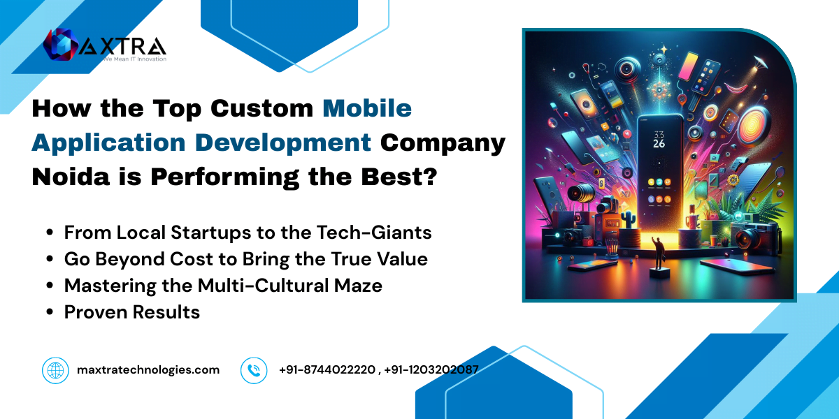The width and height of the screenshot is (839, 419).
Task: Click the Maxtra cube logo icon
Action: tap(61, 44)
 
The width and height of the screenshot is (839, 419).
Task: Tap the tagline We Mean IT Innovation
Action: tap(135, 59)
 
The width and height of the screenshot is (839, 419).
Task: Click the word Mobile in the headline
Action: tap(367, 108)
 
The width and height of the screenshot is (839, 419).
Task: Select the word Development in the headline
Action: tap(283, 142)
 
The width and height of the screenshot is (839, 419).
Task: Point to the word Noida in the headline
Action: tap(71, 177)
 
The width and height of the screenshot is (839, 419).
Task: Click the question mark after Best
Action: tap(431, 177)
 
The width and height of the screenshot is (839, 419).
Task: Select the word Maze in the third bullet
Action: tap(358, 286)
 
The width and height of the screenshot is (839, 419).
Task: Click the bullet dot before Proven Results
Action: tap(50, 312)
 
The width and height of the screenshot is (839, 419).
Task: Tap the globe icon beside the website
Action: tap(55, 370)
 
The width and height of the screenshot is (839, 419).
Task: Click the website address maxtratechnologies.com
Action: tap(148, 370)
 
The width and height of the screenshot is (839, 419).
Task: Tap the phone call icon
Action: tap(254, 370)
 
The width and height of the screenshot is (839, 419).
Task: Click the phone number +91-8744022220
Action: tap(327, 369)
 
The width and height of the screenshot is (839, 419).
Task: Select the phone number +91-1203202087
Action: tap(431, 369)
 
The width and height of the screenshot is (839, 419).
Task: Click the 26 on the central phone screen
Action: tap(659, 143)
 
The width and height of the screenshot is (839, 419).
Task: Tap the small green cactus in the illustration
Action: tap(626, 219)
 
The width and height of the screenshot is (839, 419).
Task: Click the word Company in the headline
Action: tap(443, 144)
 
